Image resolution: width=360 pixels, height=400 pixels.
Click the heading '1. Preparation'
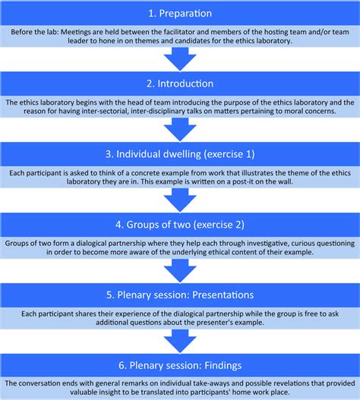(x=179, y=13)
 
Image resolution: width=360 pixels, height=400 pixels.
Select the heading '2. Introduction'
(x=179, y=83)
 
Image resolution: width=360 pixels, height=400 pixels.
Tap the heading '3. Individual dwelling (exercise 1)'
(x=179, y=155)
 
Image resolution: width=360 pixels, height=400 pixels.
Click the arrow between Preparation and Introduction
(x=179, y=58)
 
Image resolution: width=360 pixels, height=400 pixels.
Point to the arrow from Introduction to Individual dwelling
(x=179, y=128)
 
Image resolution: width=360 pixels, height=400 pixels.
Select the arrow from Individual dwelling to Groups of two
(x=179, y=199)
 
